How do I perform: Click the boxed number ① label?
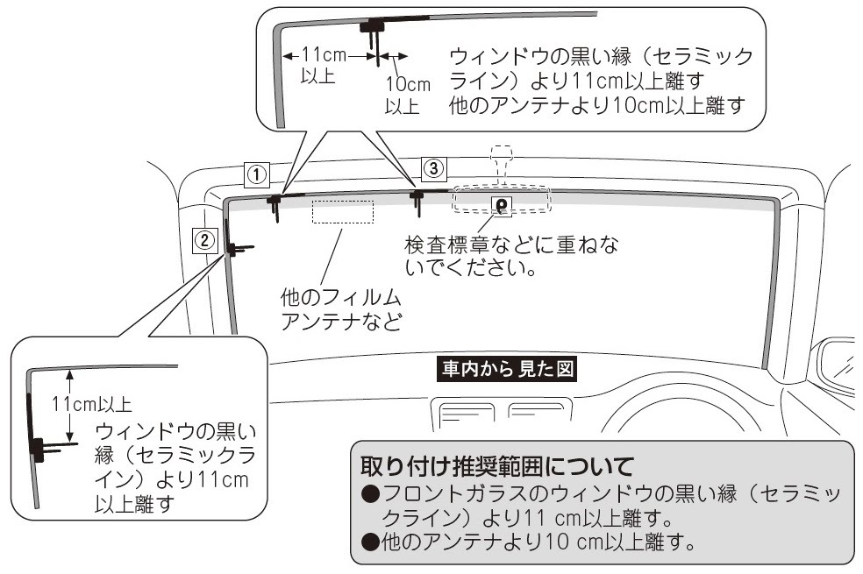257,175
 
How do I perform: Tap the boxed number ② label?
204,240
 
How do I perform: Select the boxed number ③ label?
434,168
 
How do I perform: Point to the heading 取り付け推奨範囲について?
497,466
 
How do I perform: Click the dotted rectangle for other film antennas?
343,212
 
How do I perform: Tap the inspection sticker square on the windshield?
502,206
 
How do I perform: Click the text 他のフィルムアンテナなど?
341,309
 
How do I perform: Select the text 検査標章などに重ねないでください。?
511,256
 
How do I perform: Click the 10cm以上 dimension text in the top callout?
407,95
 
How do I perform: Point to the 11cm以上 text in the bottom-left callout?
92,405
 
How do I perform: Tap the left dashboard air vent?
462,414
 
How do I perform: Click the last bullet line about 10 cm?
528,542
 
